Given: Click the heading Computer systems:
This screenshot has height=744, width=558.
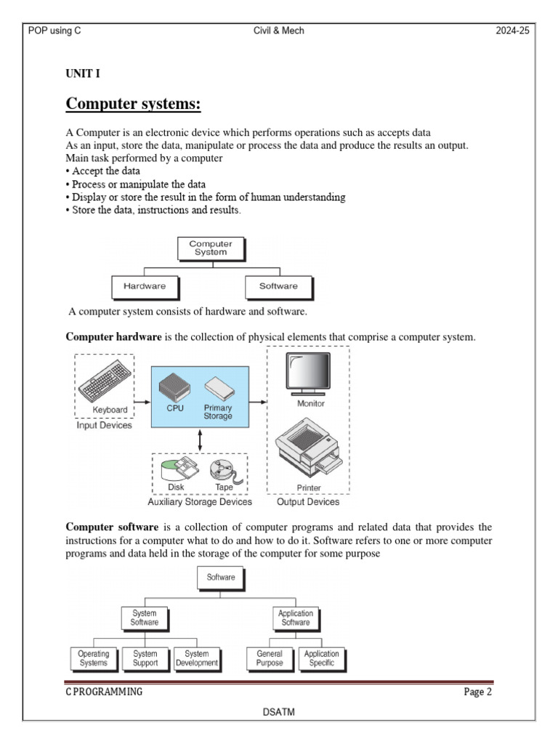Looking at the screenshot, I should pyautogui.click(x=133, y=105).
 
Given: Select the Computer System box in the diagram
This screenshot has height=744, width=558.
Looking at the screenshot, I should pyautogui.click(x=211, y=248).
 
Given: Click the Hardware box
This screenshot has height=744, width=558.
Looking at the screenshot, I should pyautogui.click(x=145, y=286).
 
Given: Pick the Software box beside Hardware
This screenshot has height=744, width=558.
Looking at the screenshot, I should pyautogui.click(x=278, y=286).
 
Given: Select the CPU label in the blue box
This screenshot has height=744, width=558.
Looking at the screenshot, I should pyautogui.click(x=175, y=408).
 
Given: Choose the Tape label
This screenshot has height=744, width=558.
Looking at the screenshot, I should pyautogui.click(x=224, y=487).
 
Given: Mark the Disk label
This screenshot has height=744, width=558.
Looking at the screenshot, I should pyautogui.click(x=176, y=487).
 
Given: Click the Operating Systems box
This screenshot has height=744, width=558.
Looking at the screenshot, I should pyautogui.click(x=93, y=658).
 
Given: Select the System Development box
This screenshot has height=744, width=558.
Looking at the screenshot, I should pyautogui.click(x=196, y=658).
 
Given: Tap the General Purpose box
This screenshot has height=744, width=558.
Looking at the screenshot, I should pyautogui.click(x=270, y=658).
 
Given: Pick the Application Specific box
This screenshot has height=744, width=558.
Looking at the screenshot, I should pyautogui.click(x=320, y=658).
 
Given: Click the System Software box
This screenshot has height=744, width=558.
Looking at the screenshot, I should pyautogui.click(x=145, y=618).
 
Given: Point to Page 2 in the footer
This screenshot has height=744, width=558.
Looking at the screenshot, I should pyautogui.click(x=477, y=692).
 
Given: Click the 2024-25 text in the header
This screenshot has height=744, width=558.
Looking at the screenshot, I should pyautogui.click(x=513, y=31).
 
